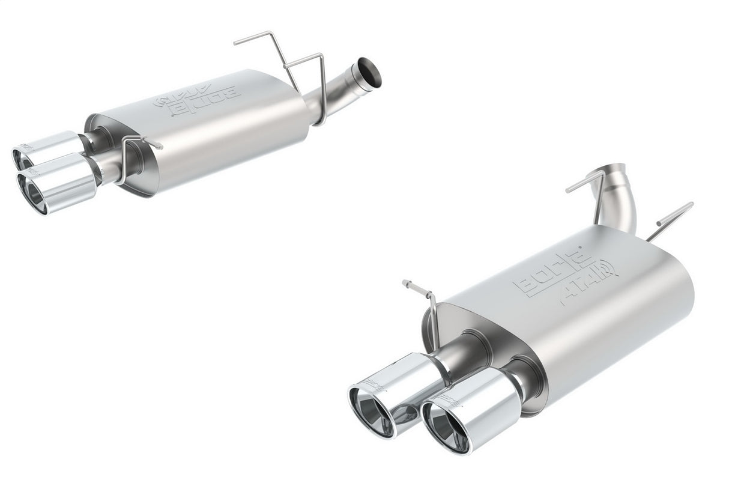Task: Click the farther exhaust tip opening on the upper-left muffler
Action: tap(23, 159)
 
